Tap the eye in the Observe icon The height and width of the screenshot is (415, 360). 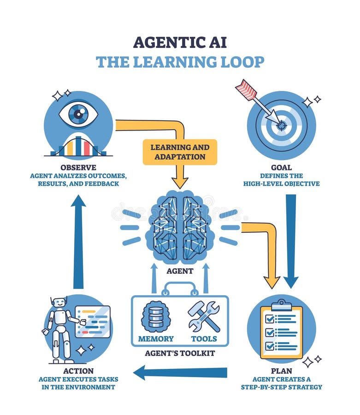[78, 114]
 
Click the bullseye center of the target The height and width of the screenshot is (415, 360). [282, 124]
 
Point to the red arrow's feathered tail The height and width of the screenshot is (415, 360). [246, 89]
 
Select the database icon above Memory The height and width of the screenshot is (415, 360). [155, 317]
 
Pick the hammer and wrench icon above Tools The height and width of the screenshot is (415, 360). [204, 317]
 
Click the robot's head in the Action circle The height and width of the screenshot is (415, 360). [58, 303]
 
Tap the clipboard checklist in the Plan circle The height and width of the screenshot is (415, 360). [281, 330]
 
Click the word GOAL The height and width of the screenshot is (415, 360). [281, 168]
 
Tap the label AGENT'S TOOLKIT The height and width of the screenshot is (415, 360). [180, 354]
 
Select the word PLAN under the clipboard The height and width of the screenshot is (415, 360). [281, 371]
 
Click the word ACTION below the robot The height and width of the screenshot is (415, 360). [78, 371]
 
